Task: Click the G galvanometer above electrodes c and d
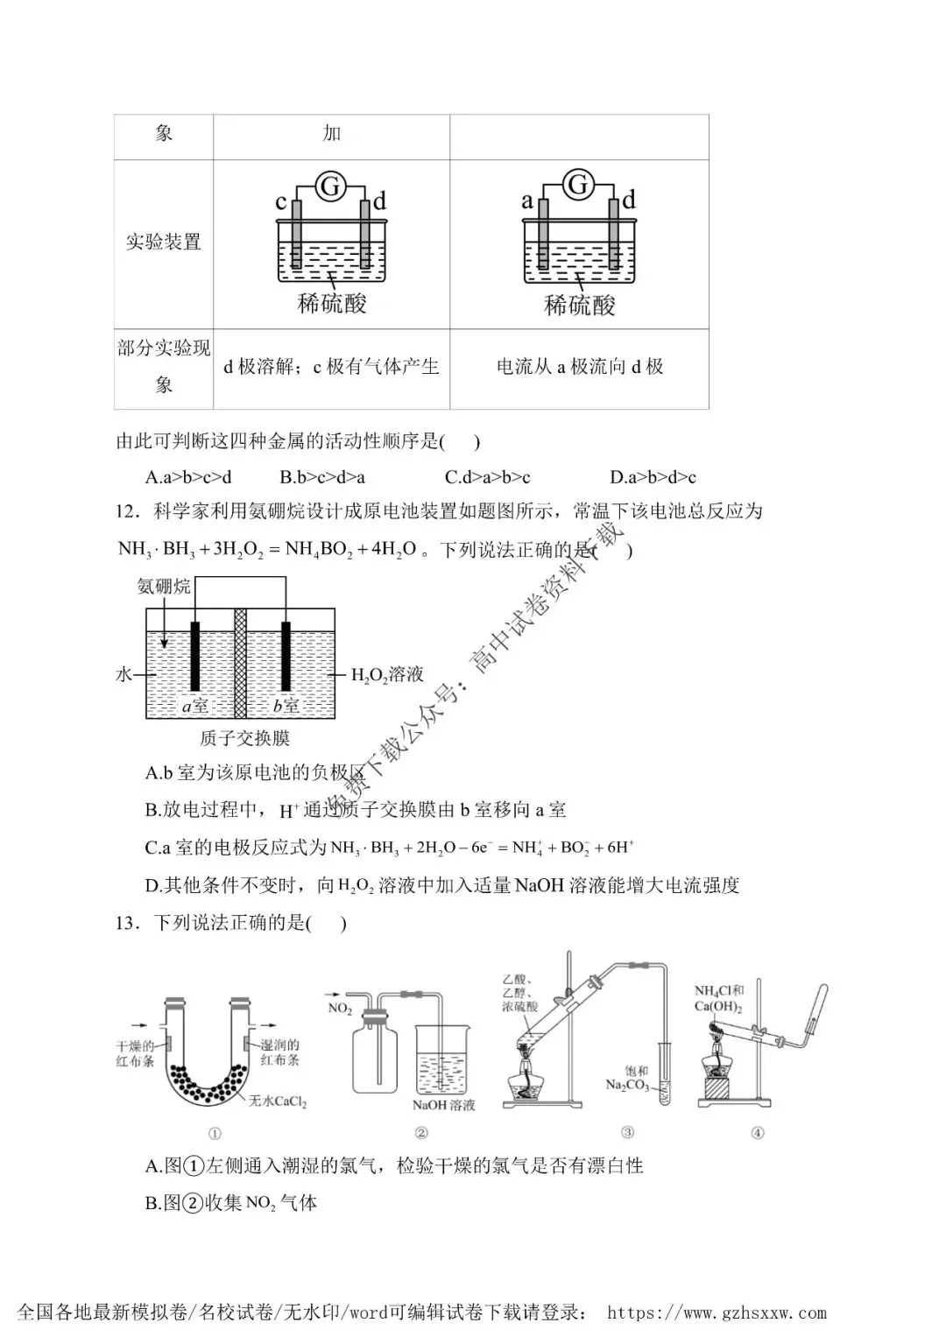(x=330, y=186)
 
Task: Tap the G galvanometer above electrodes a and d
(x=578, y=185)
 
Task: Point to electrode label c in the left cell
(x=280, y=203)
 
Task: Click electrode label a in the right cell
(x=526, y=201)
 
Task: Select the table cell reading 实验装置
(x=163, y=242)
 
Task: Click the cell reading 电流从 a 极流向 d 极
(x=579, y=367)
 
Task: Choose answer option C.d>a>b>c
(x=487, y=477)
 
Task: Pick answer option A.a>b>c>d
(x=188, y=477)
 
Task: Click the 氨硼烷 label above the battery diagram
(x=164, y=586)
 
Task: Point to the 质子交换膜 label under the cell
(x=245, y=739)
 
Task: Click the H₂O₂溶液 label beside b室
(x=387, y=675)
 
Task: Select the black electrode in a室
(x=194, y=656)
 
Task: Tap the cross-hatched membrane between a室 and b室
(x=240, y=663)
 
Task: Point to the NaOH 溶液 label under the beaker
(x=444, y=1105)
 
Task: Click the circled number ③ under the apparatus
(x=627, y=1132)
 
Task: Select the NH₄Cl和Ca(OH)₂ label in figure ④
(x=719, y=998)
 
